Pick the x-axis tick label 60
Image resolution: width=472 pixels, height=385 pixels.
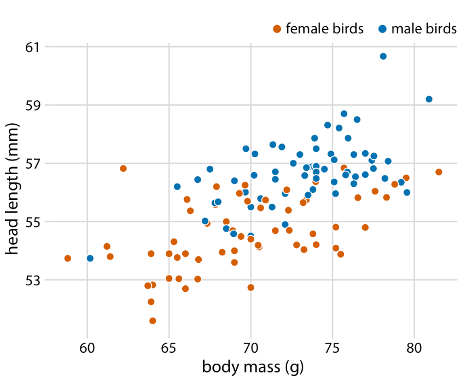click(88, 348)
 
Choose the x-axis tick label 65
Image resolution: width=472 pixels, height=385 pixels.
click(169, 348)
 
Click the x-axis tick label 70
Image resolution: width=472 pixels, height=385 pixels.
click(251, 348)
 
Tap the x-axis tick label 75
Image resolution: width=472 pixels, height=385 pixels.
click(333, 348)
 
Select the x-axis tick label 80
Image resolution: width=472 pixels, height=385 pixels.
click(414, 348)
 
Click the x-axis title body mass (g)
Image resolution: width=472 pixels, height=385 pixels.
click(253, 367)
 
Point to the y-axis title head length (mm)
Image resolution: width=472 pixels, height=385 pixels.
click(14, 189)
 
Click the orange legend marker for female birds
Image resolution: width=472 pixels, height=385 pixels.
click(277, 29)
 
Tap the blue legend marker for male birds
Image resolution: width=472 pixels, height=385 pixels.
click(382, 29)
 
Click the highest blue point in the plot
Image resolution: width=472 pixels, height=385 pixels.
click(383, 56)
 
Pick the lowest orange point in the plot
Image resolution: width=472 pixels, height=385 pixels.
click(153, 321)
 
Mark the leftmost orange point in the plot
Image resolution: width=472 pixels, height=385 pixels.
click(68, 258)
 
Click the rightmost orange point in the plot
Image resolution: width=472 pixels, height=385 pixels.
click(439, 172)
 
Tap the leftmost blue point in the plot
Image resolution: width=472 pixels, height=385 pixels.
click(90, 258)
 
